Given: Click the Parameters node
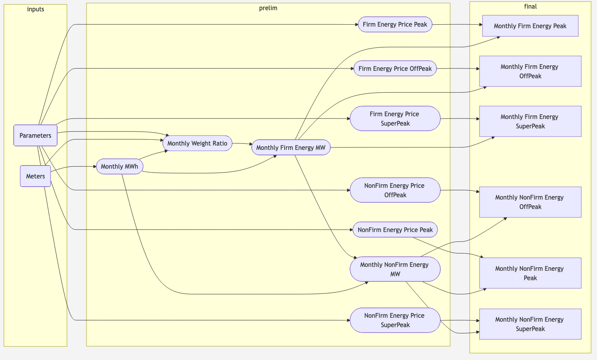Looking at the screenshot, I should pos(35,135).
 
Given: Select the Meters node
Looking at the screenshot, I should pos(35,176).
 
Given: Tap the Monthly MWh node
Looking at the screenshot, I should pos(119,166).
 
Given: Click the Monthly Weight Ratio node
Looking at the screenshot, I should pos(197,143).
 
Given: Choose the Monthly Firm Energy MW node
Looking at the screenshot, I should pos(291,148).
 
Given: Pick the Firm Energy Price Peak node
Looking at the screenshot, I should pos(395,24).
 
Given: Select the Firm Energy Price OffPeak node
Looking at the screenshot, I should pos(395,68).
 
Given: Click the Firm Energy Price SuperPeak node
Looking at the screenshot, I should pos(395,119).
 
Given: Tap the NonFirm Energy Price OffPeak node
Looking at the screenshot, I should pos(395,190).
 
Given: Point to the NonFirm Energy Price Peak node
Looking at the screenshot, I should pos(395,230).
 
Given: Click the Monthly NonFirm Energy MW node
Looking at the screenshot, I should pos(395,269).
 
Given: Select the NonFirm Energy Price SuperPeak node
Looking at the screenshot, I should pos(395,320).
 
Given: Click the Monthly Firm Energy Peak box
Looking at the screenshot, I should pos(530,26).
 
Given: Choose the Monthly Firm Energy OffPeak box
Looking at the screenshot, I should pos(530,71).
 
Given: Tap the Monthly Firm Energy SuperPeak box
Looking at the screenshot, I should pos(530,121).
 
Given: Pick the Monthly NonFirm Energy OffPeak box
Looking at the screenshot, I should pos(530,202).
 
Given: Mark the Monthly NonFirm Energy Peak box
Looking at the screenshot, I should pos(530,273).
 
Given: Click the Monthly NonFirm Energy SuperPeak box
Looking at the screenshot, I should pos(530,324).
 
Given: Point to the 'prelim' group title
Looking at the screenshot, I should pos(268,8).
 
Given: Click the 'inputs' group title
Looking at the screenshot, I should pos(35,9).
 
